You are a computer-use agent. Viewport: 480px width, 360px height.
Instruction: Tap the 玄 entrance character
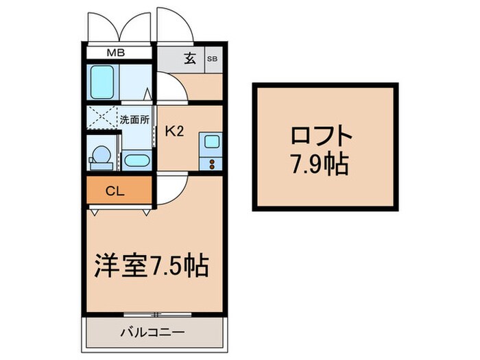coord(190,58)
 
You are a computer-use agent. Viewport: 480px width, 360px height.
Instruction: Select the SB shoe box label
coord(212,58)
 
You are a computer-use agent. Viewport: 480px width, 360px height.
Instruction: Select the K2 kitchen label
coord(175,132)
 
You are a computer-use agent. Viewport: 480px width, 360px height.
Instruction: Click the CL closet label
coord(115,191)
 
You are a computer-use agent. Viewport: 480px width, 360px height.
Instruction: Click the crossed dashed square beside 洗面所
coord(101,119)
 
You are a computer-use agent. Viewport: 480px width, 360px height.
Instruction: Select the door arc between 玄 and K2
coord(170,89)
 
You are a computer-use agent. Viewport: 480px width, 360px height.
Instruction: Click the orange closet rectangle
coord(118,191)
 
